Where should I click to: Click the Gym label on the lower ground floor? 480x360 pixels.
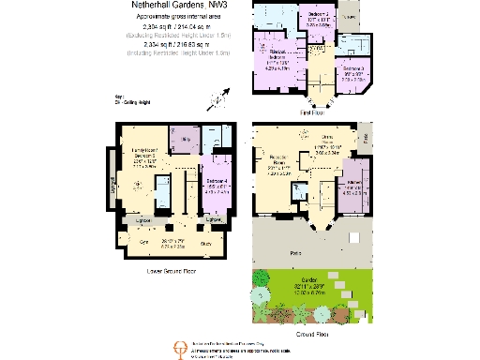coord(145,241)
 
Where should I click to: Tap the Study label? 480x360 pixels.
coord(206,241)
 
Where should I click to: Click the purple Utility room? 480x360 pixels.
coord(186,141)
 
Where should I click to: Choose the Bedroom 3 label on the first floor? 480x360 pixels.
coord(352,72)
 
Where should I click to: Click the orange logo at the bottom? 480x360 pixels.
coord(172,347)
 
